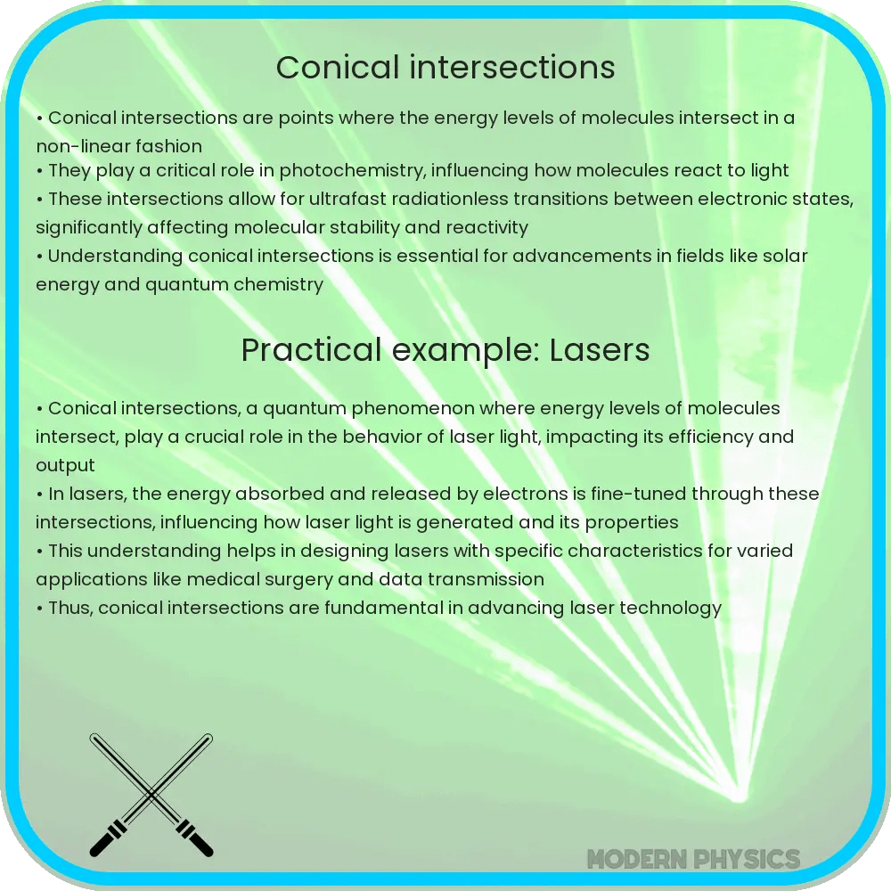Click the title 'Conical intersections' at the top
coord(445,68)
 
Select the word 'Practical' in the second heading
coord(300,350)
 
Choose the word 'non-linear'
coord(75,145)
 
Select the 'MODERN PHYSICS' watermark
coord(693,859)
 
